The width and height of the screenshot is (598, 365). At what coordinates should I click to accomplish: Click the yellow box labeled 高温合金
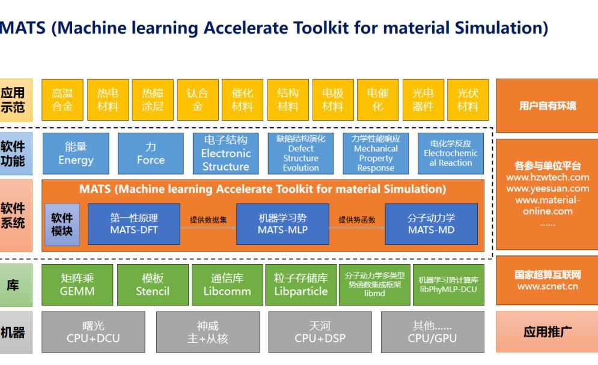click(x=62, y=100)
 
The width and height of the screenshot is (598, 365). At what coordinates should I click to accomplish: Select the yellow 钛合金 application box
click(x=197, y=100)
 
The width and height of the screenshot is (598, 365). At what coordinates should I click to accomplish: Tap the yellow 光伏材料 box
click(x=468, y=100)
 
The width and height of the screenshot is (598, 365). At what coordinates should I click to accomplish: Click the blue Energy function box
click(x=76, y=154)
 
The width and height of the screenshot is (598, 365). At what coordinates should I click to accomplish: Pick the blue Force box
click(x=150, y=154)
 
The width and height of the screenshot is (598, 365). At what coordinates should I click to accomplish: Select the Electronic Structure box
click(x=225, y=154)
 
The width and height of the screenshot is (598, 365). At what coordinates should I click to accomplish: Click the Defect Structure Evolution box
click(x=301, y=154)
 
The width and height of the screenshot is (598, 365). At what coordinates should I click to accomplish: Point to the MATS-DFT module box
click(x=133, y=224)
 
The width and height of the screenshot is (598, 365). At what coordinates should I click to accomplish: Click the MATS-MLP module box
click(x=282, y=224)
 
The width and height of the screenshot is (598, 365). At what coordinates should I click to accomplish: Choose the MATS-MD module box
click(x=431, y=224)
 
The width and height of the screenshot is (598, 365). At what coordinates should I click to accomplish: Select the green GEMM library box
click(x=77, y=285)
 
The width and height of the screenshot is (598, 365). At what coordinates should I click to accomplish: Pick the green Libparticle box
click(x=301, y=285)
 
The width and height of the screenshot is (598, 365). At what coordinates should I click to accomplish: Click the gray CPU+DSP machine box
click(x=320, y=332)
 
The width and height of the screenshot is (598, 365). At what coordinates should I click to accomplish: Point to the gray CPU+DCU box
click(x=93, y=332)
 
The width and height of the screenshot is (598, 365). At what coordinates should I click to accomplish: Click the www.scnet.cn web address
click(x=547, y=286)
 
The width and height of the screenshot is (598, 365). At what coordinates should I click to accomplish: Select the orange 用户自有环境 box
click(x=547, y=106)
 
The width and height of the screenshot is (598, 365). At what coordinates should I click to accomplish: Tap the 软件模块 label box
click(x=62, y=225)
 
